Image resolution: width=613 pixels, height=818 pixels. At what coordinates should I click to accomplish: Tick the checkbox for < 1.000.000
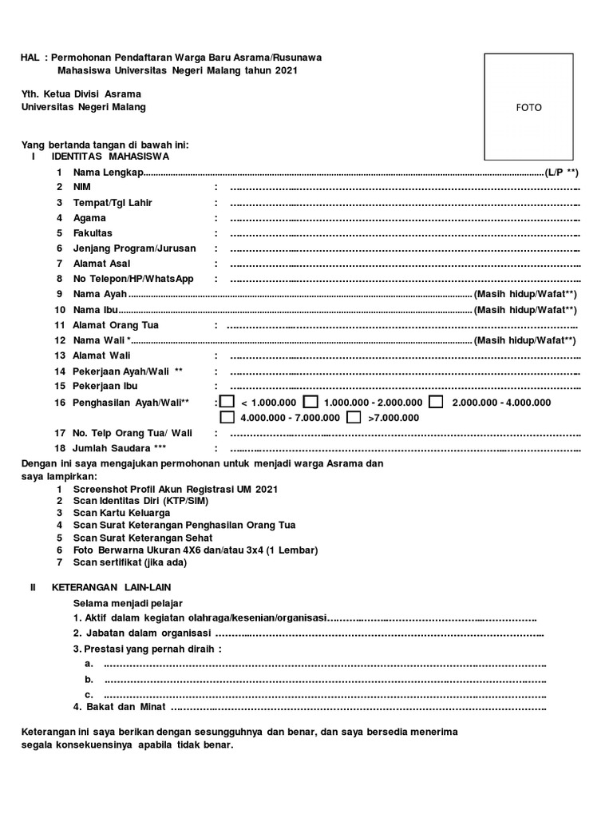point(227,402)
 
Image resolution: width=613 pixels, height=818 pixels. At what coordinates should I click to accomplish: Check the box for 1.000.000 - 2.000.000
point(311,402)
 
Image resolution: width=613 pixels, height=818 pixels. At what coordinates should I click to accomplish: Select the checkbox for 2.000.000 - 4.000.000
point(436,402)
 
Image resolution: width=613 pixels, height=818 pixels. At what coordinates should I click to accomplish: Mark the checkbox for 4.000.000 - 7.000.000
point(227,417)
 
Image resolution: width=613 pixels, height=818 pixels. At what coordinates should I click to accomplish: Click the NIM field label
point(82,187)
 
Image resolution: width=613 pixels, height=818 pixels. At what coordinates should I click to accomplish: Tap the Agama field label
point(89,217)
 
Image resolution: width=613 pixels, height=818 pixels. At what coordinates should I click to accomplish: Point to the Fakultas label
point(93,232)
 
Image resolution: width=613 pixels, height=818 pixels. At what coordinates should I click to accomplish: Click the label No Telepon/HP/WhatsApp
point(133,279)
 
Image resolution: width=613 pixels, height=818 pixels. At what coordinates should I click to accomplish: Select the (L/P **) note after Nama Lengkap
point(561,172)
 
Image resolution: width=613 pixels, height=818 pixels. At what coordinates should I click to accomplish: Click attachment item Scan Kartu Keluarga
point(121,512)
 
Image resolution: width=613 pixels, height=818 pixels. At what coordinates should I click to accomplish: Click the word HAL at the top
point(30,58)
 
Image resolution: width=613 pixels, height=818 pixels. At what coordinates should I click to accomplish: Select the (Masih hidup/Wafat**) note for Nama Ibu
point(524,310)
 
